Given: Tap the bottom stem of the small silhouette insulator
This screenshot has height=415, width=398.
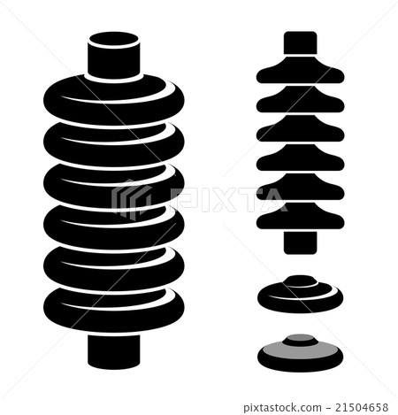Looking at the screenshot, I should pos(300,239).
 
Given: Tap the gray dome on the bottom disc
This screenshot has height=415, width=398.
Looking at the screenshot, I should pos(300,342).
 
